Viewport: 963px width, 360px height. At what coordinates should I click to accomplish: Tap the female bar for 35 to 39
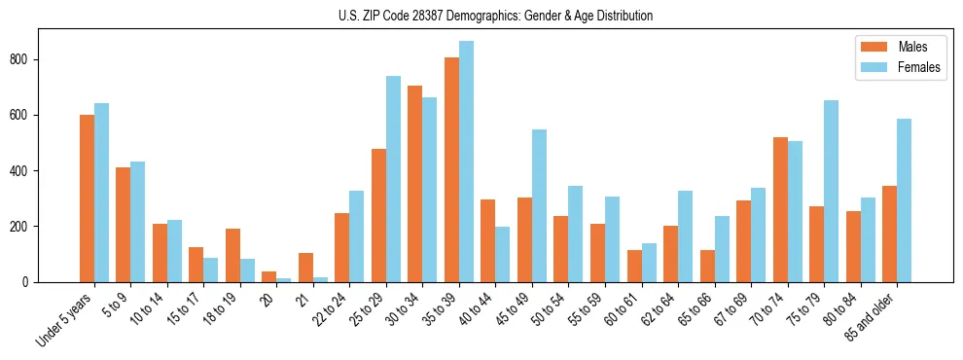[x=466, y=162]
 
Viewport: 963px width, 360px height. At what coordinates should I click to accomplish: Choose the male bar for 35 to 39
[x=451, y=169]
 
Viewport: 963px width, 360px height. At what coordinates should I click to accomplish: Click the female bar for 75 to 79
[x=831, y=191]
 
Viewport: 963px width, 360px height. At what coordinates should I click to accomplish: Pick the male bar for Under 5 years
[x=87, y=198]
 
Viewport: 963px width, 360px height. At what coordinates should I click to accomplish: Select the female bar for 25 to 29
[x=393, y=179]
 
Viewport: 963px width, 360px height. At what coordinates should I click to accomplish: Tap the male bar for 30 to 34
[x=415, y=184]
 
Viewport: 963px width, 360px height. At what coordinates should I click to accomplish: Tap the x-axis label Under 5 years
[x=66, y=318]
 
